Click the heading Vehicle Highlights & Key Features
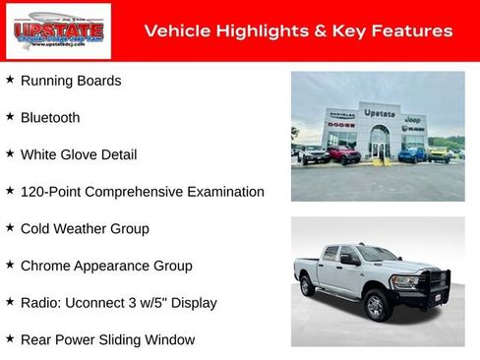(x=298, y=30)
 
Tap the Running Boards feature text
(x=71, y=81)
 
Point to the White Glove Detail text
(x=79, y=154)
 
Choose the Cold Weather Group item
(x=85, y=228)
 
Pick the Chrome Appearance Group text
(x=106, y=266)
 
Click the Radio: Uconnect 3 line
(x=118, y=302)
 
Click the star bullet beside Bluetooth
(x=10, y=116)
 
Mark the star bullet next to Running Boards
(x=10, y=80)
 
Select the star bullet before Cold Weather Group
(x=10, y=227)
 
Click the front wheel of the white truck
(x=375, y=307)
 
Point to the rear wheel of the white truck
(x=308, y=286)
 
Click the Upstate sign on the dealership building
(x=380, y=113)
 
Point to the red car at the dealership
(x=344, y=154)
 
